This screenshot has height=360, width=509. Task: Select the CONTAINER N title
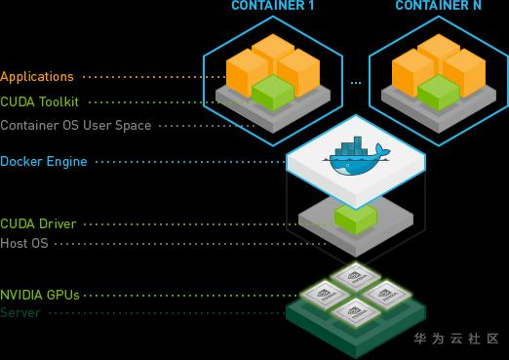[x=437, y=7]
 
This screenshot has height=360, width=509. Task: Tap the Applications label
[x=37, y=76]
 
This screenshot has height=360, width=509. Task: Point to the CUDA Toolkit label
[x=40, y=100]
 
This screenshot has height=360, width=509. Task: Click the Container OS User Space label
[x=76, y=125]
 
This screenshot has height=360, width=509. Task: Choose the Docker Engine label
[x=44, y=161]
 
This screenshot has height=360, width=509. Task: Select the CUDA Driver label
[x=38, y=224]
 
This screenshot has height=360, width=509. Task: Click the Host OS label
[x=24, y=244]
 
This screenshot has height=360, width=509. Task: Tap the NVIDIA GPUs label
[x=40, y=294]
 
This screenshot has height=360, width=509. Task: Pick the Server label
[x=20, y=313]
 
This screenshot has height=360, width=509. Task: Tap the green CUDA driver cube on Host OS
[x=355, y=218]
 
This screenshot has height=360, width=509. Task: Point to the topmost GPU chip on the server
[x=355, y=275]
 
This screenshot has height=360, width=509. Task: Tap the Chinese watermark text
[x=455, y=340]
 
